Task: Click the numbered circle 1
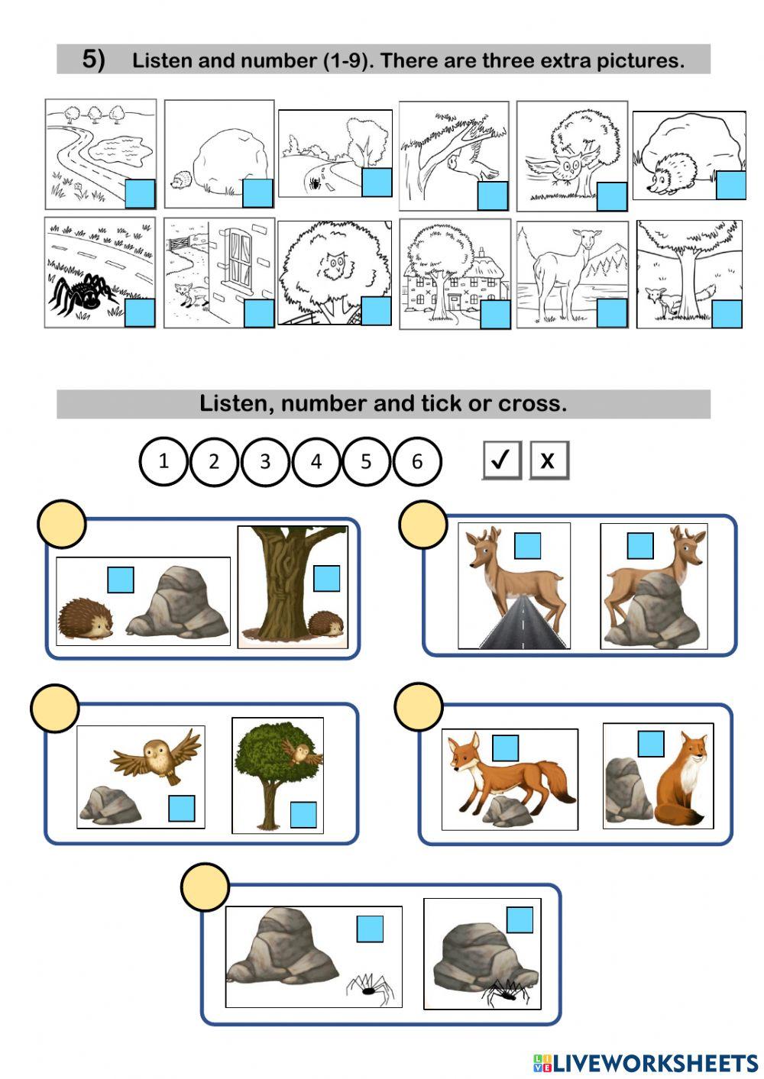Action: (x=163, y=461)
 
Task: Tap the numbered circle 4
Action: (x=316, y=461)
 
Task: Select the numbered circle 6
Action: (x=417, y=461)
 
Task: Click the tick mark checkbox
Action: (x=501, y=460)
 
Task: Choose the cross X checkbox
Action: (x=549, y=460)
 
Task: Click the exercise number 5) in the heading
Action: (x=93, y=60)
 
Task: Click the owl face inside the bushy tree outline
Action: (x=332, y=267)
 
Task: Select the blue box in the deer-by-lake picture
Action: (x=612, y=312)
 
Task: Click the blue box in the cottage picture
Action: (x=495, y=314)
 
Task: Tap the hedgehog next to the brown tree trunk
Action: (x=325, y=625)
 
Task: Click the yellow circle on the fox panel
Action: (x=419, y=706)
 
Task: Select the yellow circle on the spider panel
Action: (x=206, y=887)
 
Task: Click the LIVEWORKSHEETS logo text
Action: (x=646, y=1062)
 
